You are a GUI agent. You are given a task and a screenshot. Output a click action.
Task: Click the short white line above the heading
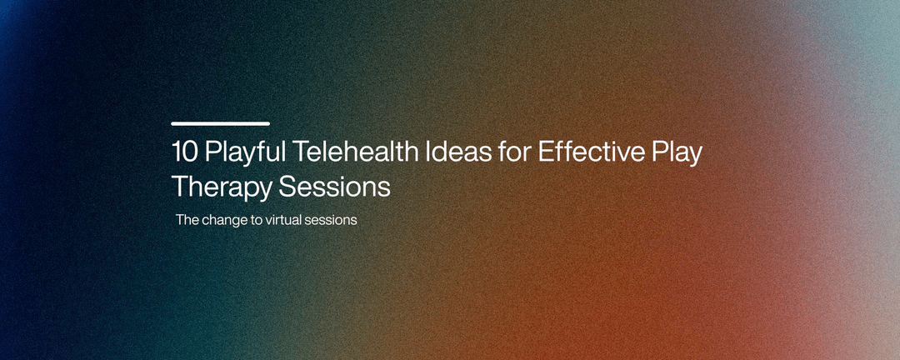click(x=220, y=123)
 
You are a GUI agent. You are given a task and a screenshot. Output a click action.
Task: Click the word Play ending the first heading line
click(x=676, y=155)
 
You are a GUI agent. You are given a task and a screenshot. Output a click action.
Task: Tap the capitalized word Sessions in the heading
click(x=334, y=187)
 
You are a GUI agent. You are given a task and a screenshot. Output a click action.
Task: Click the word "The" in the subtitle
click(x=187, y=221)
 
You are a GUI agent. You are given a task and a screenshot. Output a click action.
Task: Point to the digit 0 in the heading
click(x=190, y=153)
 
